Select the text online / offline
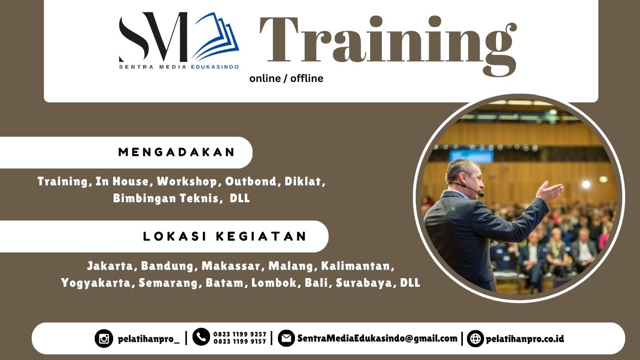[286, 78]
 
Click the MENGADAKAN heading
[177, 152]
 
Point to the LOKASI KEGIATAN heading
[225, 236]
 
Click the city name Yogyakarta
[96, 283]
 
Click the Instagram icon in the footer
[104, 338]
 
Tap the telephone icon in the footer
[201, 336]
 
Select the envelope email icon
[286, 338]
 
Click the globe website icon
[475, 338]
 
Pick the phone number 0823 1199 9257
[240, 334]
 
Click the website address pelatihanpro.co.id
[525, 338]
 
